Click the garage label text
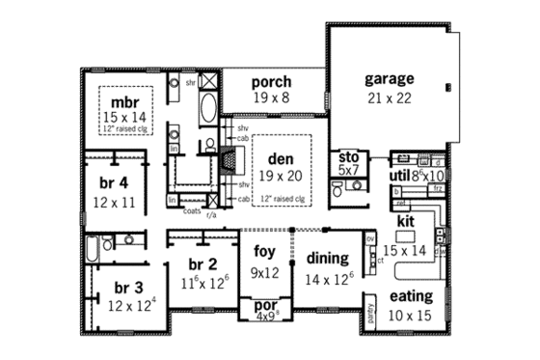389,78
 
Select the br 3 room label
129,289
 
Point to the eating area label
411,296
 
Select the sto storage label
346,157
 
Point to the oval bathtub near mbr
209,110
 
